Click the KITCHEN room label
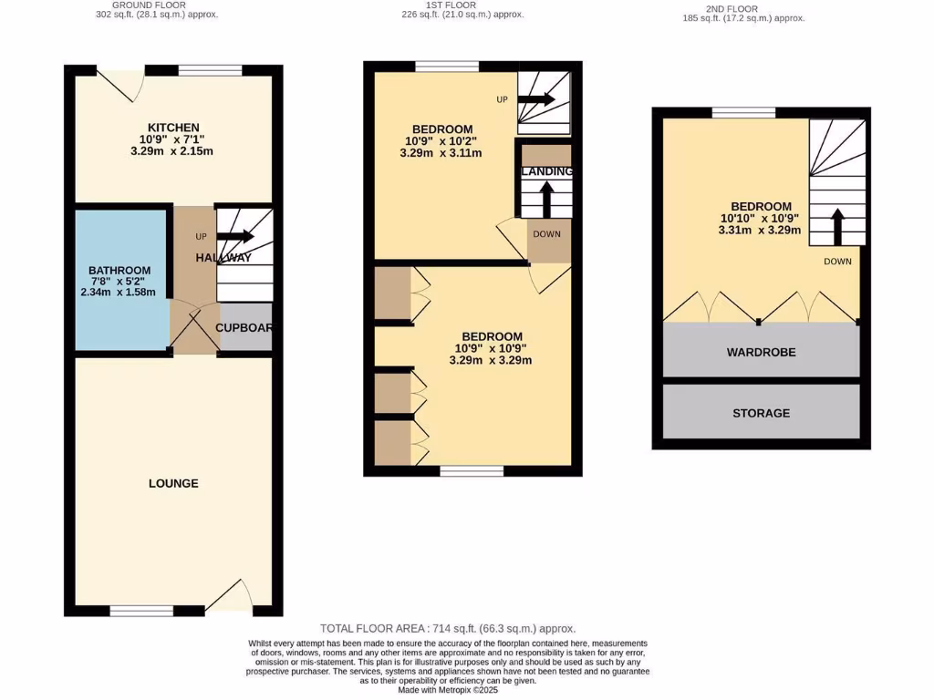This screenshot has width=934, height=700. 173,128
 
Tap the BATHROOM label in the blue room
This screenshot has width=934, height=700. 119,271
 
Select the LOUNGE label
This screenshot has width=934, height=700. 173,483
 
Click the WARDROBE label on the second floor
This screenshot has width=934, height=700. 761,352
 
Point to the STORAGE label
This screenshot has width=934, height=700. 761,413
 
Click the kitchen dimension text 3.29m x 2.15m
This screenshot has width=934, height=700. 173,151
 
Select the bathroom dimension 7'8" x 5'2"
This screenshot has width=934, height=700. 119,282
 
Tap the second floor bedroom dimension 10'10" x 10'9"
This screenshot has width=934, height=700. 761,219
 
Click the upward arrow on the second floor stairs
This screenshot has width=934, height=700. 836,224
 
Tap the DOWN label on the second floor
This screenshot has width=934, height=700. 837,262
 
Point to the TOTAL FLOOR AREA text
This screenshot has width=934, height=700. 448,629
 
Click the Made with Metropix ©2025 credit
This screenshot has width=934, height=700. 447,690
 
